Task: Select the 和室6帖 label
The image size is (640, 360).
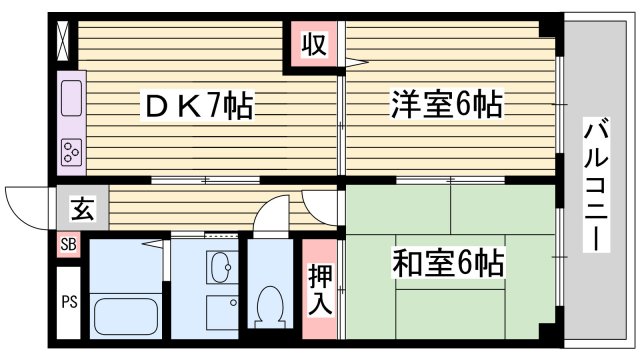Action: click(x=446, y=264)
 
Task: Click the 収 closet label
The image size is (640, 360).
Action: click(x=314, y=46)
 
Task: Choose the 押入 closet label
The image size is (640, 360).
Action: click(x=319, y=290)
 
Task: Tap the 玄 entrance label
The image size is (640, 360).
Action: click(x=80, y=210)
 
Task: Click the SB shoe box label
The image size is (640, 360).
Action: click(x=67, y=245)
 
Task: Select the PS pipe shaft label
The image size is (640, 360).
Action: click(x=67, y=300)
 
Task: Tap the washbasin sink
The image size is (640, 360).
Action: click(x=220, y=267)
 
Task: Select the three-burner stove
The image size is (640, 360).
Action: click(x=70, y=152)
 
